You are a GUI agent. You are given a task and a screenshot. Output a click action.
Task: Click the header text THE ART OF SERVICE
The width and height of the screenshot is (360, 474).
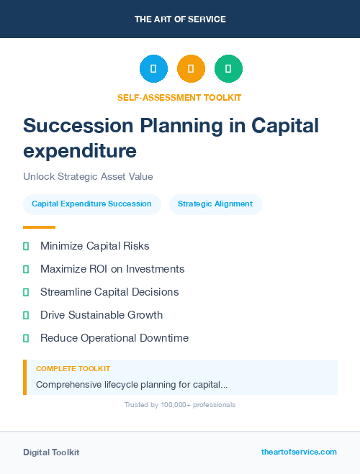[x=180, y=19]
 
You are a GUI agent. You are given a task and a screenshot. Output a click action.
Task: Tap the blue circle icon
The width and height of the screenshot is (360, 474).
[x=153, y=69]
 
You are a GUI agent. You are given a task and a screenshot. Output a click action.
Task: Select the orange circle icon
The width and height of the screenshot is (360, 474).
[x=191, y=69]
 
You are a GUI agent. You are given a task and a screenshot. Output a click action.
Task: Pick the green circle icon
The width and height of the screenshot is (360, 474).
[x=228, y=69]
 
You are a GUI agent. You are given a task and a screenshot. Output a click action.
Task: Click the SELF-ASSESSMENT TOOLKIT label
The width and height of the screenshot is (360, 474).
[x=179, y=97]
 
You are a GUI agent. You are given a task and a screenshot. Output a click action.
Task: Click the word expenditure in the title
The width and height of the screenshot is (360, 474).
[x=80, y=151]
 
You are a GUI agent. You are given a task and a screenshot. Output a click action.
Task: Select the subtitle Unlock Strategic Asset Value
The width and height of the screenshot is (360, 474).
[x=88, y=176]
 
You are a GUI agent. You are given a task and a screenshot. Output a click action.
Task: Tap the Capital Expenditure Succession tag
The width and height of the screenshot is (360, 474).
[x=91, y=204]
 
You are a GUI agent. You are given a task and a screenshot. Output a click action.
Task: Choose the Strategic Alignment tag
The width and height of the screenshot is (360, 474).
[x=215, y=204]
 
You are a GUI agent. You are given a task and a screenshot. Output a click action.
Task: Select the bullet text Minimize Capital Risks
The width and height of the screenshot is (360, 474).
[x=95, y=246]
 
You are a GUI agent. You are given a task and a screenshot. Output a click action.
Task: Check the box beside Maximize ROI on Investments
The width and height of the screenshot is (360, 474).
[x=26, y=269]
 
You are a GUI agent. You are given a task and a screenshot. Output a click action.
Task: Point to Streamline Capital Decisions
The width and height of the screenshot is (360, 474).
[x=109, y=292]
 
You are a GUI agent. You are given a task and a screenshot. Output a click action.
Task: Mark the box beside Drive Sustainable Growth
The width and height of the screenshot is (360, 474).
[x=26, y=315]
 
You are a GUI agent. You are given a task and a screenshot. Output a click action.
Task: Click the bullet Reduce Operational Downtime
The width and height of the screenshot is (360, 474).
[x=114, y=338]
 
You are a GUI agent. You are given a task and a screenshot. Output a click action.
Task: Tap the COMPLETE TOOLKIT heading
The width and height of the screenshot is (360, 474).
[x=73, y=368]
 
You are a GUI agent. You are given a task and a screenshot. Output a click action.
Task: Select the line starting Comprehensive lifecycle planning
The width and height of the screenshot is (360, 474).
[x=132, y=385]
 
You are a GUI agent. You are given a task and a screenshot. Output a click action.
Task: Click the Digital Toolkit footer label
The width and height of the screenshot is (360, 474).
[x=51, y=452]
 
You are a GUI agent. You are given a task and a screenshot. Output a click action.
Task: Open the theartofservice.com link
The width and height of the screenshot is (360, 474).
[x=299, y=452]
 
